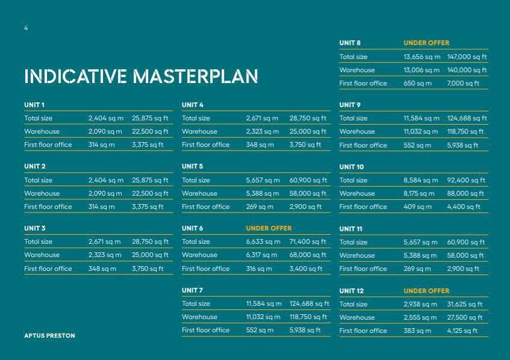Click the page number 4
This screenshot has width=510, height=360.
pyautogui.click(x=26, y=28)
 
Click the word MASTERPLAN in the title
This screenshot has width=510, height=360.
pyautogui.click(x=196, y=76)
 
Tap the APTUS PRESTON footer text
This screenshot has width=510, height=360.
pyautogui.click(x=49, y=335)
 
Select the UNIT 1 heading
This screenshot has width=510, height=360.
pyautogui.click(x=34, y=105)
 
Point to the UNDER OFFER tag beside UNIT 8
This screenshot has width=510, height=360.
pyautogui.click(x=426, y=43)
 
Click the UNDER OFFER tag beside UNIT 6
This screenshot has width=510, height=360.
pyautogui.click(x=269, y=228)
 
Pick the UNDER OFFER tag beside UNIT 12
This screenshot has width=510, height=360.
pyautogui.click(x=426, y=291)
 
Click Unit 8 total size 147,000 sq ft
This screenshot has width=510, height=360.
pyautogui.click(x=467, y=57)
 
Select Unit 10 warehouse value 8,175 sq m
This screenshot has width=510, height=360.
pyautogui.click(x=419, y=193)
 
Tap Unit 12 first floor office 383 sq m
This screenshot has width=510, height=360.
pyautogui.click(x=417, y=331)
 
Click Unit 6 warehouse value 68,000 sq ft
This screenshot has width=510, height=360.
pyautogui.click(x=308, y=255)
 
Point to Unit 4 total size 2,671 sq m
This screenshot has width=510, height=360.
pyautogui.click(x=262, y=119)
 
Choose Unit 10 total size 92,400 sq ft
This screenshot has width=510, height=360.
pyautogui.click(x=466, y=180)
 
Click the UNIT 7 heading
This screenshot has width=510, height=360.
pyautogui.click(x=192, y=290)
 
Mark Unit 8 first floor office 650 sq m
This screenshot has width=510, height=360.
pyautogui.click(x=418, y=83)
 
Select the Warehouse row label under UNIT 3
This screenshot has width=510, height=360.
pyautogui.click(x=42, y=255)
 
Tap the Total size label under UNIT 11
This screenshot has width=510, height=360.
pyautogui.click(x=353, y=242)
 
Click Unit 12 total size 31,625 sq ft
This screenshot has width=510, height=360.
pyautogui.click(x=465, y=305)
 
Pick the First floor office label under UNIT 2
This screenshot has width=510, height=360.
pyautogui.click(x=48, y=207)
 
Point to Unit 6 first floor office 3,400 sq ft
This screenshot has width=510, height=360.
pyautogui.click(x=306, y=268)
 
